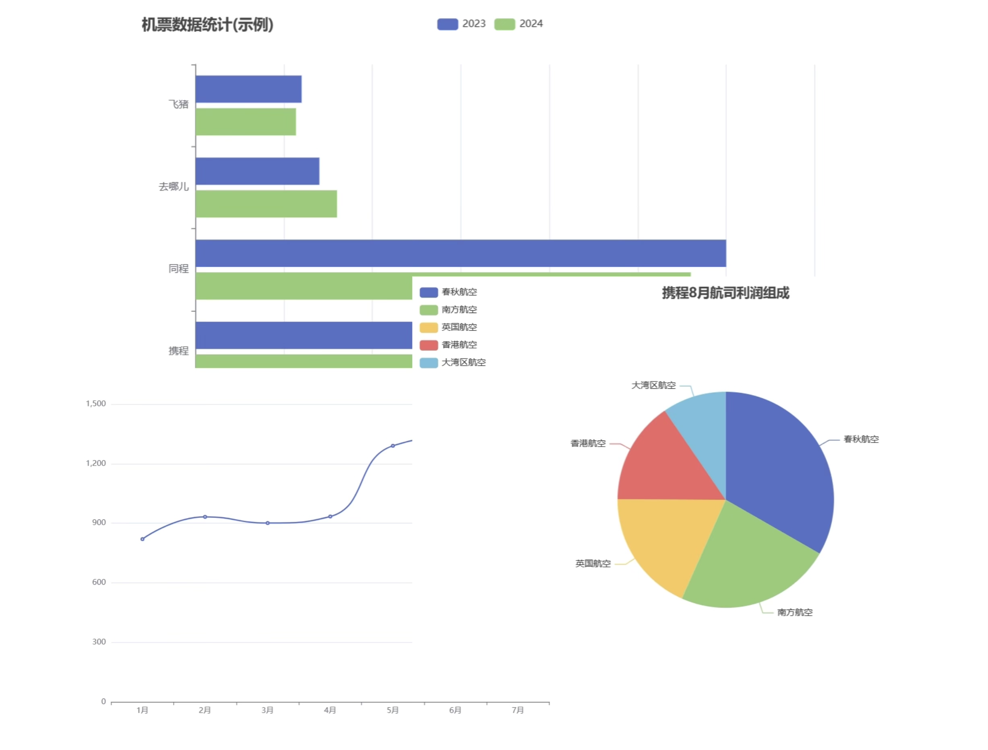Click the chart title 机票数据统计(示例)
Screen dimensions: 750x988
pos(207,25)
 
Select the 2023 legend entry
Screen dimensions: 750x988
pos(461,24)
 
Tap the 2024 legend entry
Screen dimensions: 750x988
pos(519,24)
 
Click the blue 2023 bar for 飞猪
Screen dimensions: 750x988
pos(248,89)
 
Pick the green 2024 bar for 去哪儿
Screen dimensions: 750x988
pos(266,204)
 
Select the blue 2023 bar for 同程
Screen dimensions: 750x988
pos(460,253)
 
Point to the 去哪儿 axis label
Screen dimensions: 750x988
pos(174,187)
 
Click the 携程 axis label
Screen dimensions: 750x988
pos(178,351)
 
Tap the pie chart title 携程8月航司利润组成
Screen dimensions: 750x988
pos(725,293)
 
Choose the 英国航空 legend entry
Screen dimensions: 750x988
pos(449,327)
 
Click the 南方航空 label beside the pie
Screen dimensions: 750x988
pos(795,612)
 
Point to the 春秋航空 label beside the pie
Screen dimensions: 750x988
pos(861,439)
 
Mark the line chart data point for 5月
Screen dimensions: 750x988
pos(393,446)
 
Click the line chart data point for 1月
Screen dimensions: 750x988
pos(143,539)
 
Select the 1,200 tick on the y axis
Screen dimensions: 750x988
pos(96,464)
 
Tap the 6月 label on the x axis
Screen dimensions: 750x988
pos(455,710)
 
